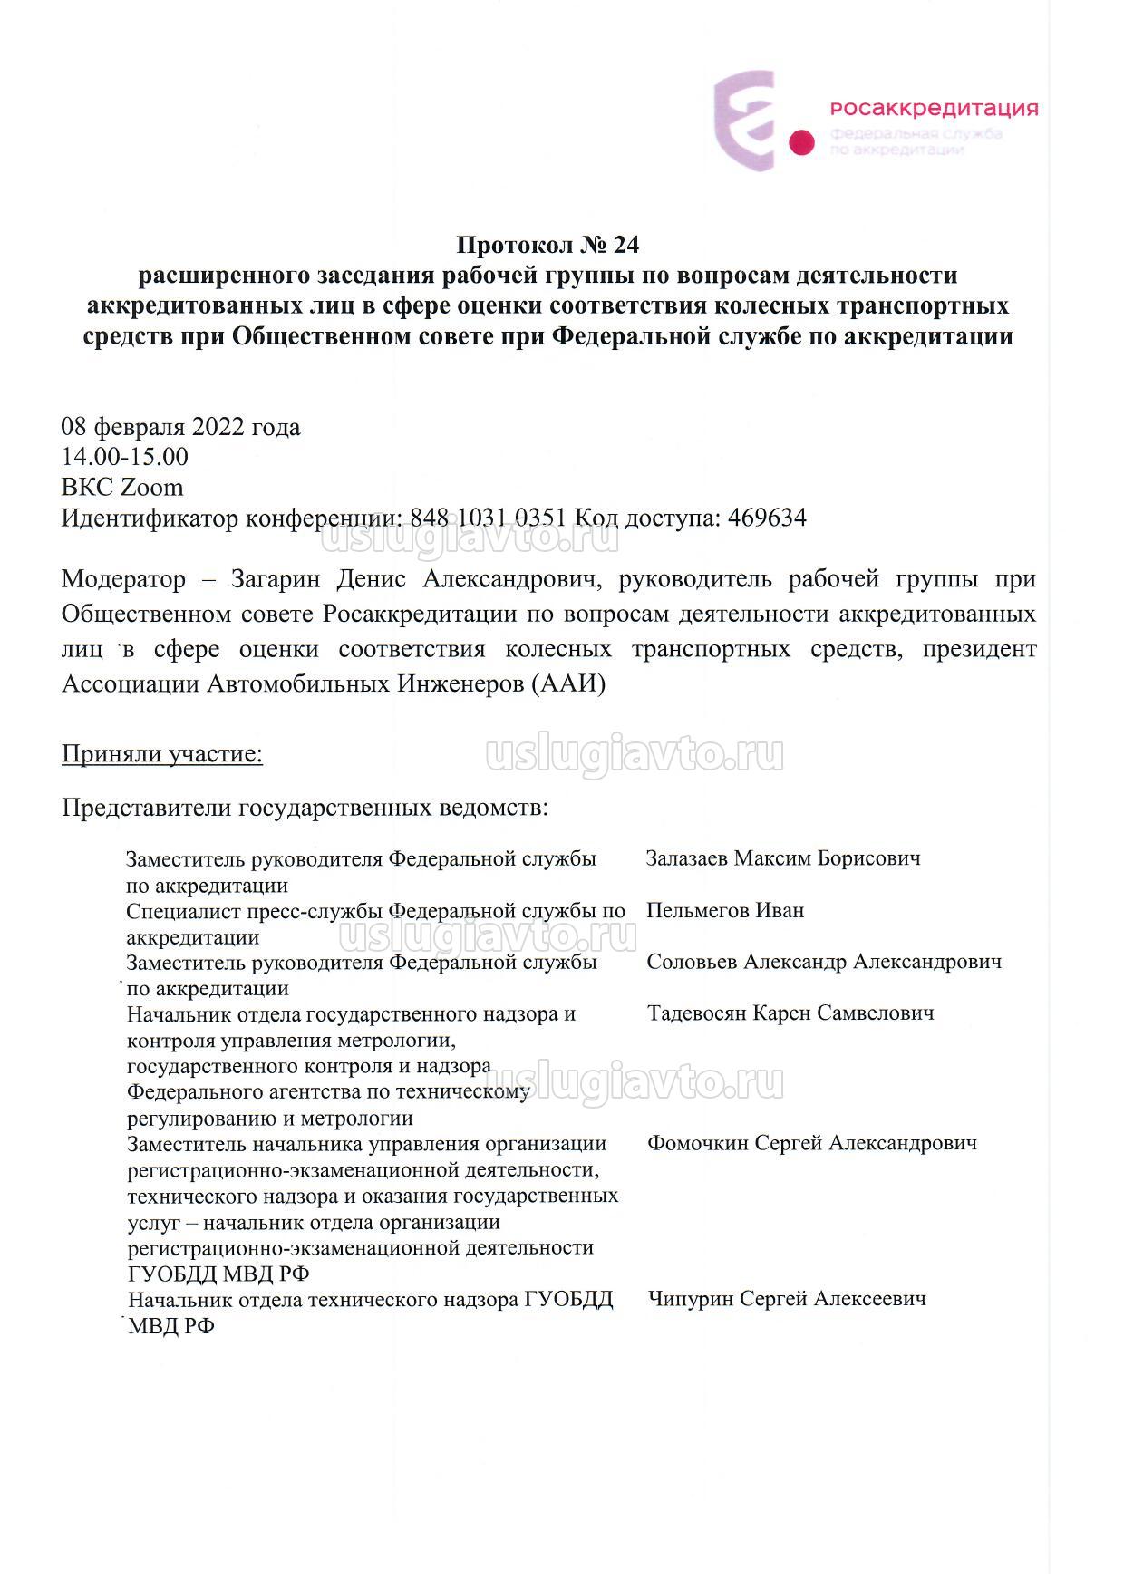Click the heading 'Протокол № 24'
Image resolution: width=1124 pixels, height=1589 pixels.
pos(547,245)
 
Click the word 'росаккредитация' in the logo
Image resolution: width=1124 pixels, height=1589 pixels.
pos(934,109)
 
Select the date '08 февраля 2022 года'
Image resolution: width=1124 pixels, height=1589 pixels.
pos(180,426)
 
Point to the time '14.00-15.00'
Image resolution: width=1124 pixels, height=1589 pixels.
pos(125,457)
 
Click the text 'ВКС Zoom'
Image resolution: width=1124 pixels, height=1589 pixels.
pos(122,488)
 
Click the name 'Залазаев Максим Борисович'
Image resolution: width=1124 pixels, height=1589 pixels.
pos(783,857)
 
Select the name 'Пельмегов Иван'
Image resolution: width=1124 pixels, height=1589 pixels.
pos(725,909)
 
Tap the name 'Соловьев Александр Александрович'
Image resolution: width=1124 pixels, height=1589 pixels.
pos(824,961)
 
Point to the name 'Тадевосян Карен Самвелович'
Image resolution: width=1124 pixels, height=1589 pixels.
pos(790,1013)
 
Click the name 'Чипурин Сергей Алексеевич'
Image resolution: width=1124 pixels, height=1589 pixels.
pos(787,1298)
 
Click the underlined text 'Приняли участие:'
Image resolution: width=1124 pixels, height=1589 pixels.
pos(162,754)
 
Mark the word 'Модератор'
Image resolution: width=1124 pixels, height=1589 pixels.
pos(123,579)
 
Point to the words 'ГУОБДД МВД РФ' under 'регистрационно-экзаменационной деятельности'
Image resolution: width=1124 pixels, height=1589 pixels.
pos(218,1274)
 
